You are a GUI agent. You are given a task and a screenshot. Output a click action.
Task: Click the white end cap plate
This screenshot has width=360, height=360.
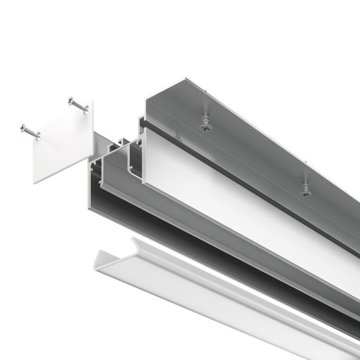[63, 144]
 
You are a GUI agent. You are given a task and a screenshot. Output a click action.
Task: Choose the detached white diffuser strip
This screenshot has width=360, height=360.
[216, 288]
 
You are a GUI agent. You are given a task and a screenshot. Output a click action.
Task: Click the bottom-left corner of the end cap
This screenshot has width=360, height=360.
[34, 181]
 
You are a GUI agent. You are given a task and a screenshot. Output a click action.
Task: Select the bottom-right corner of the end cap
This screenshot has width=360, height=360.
[93, 154]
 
